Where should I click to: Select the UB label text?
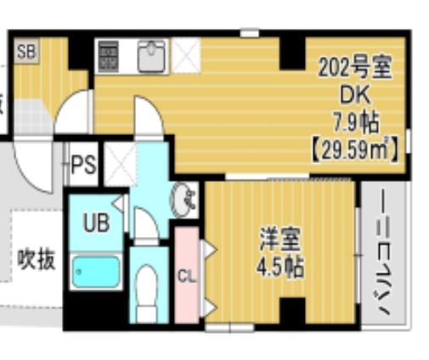point(95,223)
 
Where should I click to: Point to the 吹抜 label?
point(37,259)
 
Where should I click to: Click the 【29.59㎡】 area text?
point(355,150)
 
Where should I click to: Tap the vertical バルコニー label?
point(381,255)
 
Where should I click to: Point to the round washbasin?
point(184,200)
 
